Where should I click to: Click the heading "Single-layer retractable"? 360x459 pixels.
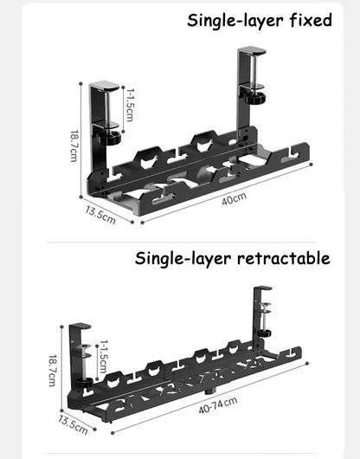click(232, 257)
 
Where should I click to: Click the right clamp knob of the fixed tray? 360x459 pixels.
click(254, 98)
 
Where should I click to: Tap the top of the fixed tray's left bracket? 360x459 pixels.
click(105, 86)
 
